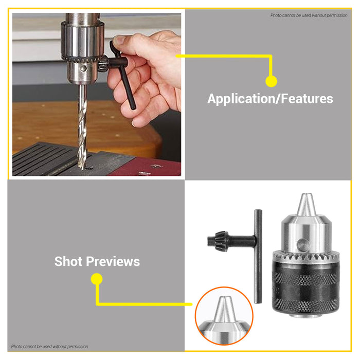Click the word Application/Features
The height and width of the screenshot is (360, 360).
pos(270,99)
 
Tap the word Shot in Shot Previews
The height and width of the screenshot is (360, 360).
pos(68,261)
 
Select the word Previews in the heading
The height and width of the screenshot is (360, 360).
pos(113,261)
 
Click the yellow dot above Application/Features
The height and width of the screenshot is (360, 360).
pos(271,81)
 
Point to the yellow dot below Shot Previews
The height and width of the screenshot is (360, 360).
pos(97,279)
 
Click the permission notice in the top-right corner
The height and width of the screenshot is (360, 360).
pos(309,15)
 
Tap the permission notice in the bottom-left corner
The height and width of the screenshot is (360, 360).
pos(49,347)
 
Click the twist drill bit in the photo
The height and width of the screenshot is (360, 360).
pos(82,127)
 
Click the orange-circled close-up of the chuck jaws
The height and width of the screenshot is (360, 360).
pos(224,316)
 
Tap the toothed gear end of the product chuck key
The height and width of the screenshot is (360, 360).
pos(218,241)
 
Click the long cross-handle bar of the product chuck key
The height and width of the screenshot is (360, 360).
pos(258,256)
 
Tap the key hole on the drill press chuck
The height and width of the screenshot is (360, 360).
pos(83,68)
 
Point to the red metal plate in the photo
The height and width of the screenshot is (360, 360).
pos(147,167)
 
